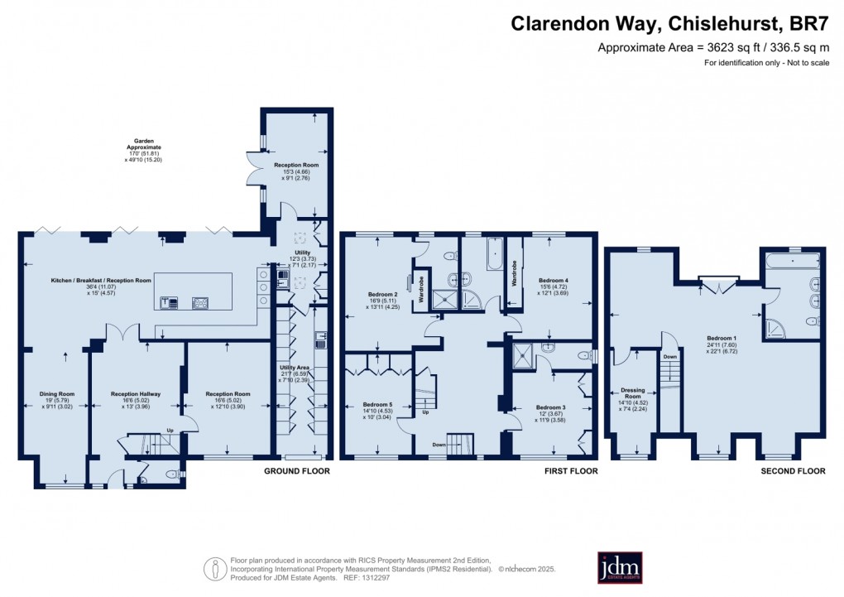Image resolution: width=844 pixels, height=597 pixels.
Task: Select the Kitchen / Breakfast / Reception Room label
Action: [x=98, y=281]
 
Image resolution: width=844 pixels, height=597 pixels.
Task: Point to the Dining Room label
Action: [x=57, y=394]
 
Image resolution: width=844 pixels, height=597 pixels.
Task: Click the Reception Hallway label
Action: [x=135, y=394]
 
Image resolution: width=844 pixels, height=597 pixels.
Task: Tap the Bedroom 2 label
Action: [x=383, y=294]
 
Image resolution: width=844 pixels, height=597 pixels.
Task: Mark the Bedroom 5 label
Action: [x=377, y=405]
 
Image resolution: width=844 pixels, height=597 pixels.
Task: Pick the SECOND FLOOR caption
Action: [x=793, y=471]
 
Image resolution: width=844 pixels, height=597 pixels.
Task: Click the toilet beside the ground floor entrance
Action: [x=172, y=474]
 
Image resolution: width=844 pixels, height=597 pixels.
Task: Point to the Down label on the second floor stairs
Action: [x=671, y=357]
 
